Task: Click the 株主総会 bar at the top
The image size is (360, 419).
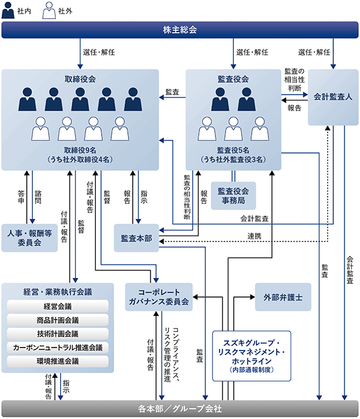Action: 180,30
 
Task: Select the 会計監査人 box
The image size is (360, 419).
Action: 333,97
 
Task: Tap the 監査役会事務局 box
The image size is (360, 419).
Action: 233,196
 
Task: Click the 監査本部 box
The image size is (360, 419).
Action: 136,238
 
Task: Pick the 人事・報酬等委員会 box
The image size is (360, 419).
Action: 29,238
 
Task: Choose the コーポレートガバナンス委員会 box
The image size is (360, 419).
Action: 159,297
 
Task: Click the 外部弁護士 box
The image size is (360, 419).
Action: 283,297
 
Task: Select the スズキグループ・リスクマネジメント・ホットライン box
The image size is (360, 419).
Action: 252,356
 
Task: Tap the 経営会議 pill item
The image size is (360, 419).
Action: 58,307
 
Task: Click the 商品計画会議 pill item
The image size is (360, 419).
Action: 58,320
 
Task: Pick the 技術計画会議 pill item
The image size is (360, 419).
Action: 58,334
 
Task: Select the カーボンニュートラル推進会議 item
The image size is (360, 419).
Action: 58,348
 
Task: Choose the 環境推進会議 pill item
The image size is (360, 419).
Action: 58,361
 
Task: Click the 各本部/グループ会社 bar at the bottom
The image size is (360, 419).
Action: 180,408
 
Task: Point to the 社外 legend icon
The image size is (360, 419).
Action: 49,11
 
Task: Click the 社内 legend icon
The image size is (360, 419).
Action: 8,11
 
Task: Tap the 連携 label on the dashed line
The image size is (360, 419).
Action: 254,236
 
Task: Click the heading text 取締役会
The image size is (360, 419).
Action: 80,79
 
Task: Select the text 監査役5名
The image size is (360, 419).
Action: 233,150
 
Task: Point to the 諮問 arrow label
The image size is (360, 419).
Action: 38,197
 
